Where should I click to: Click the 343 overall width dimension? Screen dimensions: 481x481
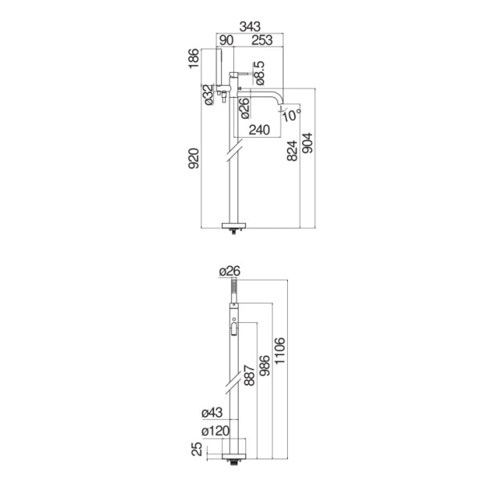click(x=249, y=26)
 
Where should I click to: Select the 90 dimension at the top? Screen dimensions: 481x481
click(x=226, y=40)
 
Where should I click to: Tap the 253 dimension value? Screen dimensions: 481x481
click(x=262, y=40)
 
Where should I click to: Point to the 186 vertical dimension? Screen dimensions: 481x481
click(x=194, y=59)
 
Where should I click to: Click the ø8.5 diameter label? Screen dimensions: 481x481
click(x=259, y=73)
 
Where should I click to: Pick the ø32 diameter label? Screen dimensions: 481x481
click(x=208, y=95)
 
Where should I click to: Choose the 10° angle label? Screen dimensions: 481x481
click(x=292, y=115)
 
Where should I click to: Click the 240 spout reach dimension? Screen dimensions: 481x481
click(x=259, y=130)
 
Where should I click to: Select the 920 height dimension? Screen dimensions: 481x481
click(x=194, y=158)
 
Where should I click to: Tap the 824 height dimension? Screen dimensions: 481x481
click(x=293, y=151)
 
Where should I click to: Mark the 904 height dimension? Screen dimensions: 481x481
click(x=307, y=143)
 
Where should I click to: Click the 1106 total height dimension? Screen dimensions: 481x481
click(x=280, y=351)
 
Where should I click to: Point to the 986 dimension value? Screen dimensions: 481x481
click(x=265, y=366)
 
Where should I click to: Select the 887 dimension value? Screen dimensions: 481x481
click(x=249, y=375)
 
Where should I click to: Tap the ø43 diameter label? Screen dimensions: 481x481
click(x=212, y=413)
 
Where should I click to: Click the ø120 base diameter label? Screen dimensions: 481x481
click(x=216, y=431)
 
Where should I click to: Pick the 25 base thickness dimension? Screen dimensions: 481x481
click(x=197, y=449)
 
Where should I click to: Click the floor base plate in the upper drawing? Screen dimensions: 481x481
click(x=234, y=226)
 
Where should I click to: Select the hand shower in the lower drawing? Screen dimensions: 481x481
click(x=234, y=290)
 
